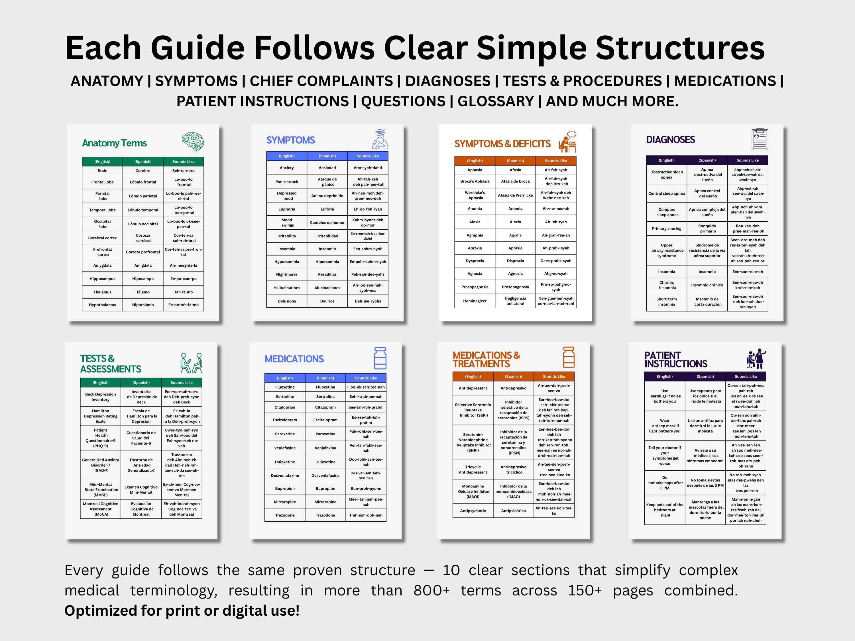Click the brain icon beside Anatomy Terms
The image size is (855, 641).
193,142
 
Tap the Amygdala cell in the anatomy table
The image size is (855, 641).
102,266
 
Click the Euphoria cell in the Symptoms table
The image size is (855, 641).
287,209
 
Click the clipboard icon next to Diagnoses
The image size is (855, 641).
760,139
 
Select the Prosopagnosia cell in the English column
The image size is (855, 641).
475,287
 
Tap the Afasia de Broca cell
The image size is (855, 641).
515,181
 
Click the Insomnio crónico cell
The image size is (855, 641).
707,285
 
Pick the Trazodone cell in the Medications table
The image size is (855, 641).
285,515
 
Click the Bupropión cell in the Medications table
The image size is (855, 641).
325,488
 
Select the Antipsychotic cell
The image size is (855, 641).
473,511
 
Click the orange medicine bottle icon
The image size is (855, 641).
568,357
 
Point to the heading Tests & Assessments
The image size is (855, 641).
111,364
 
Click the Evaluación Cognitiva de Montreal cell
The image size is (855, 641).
141,509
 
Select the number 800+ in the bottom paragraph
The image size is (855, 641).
431,590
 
